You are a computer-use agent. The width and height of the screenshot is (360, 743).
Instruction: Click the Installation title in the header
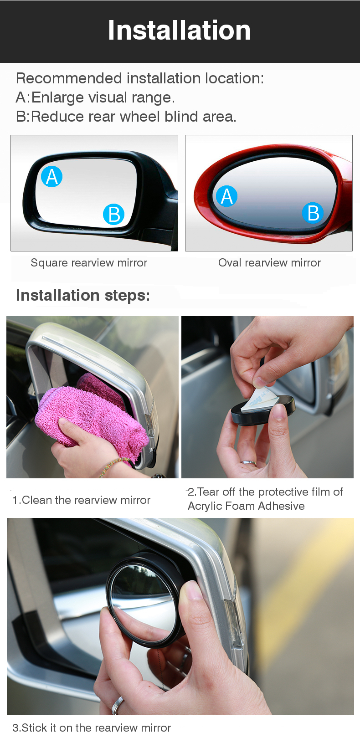[179, 31]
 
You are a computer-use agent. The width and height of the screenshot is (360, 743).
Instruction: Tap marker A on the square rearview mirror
[51, 177]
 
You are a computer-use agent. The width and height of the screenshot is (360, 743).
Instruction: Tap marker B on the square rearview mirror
[113, 214]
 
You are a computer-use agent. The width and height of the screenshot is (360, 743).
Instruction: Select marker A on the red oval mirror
[226, 196]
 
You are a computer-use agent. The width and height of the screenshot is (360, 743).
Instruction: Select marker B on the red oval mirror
[313, 213]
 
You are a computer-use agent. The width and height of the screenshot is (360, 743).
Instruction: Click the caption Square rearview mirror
[89, 263]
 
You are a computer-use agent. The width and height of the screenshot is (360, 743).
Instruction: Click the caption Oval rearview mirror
[269, 263]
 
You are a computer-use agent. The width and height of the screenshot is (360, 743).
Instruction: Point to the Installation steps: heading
[83, 295]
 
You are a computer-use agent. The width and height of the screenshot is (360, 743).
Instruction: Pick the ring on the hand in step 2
[248, 462]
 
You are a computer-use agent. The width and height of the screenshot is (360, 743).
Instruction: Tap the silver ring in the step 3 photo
[117, 705]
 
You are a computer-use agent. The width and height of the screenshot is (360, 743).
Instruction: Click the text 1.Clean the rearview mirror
[81, 500]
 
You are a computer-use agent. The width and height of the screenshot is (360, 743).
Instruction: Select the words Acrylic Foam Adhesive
[246, 506]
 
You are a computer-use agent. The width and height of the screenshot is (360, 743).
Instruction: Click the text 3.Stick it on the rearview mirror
[91, 728]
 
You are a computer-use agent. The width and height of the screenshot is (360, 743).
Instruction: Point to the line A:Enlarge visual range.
[95, 97]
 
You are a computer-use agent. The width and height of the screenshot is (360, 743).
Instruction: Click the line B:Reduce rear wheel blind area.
[126, 117]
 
